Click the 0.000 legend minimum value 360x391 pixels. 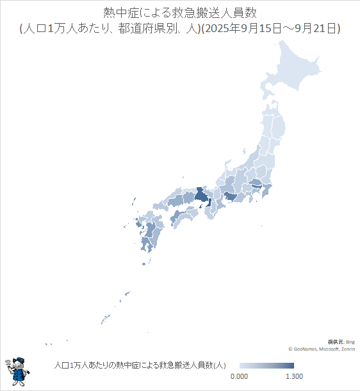tap(238, 376)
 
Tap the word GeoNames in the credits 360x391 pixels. tap(306, 349)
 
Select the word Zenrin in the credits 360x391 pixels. tap(348, 349)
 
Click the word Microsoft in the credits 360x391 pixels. tap(329, 349)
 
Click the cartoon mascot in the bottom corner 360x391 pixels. tap(17, 371)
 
